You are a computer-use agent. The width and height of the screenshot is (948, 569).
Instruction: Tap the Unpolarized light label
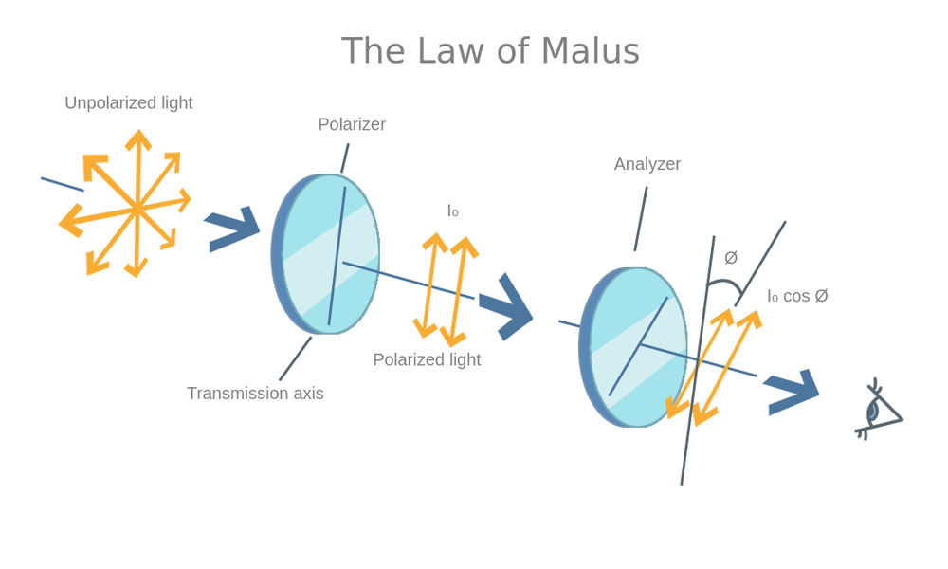coord(128,102)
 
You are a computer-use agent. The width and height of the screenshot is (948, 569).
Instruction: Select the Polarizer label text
coord(352,124)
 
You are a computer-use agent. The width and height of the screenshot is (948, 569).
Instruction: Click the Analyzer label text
coord(647,164)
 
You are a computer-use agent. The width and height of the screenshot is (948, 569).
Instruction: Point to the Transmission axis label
coord(255,393)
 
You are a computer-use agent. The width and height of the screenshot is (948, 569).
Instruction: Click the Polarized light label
coord(427,359)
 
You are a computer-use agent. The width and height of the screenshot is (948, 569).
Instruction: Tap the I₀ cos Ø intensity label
coord(797,296)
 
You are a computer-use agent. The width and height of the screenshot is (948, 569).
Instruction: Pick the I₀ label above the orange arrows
coord(453,211)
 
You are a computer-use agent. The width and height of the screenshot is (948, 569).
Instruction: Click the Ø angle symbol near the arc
coord(731,258)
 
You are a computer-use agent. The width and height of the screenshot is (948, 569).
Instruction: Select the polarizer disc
coord(327,253)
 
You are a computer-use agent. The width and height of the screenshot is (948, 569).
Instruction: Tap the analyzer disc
coord(633,347)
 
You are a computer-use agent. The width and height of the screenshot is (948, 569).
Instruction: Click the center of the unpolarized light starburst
coord(137,209)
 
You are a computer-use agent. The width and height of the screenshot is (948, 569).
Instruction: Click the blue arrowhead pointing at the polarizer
coord(232,229)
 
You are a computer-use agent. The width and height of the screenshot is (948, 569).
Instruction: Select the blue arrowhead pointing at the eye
coord(793,391)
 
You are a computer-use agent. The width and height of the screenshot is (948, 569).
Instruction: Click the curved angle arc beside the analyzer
coord(725,284)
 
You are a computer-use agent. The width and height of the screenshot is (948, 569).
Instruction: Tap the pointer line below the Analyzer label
coord(641,218)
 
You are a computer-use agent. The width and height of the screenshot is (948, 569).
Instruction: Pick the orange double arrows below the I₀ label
coord(446,289)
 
